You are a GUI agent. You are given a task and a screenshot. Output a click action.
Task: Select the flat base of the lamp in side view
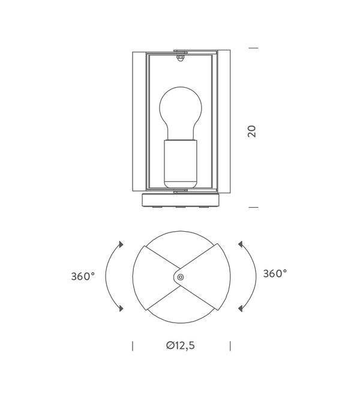tap(181, 200)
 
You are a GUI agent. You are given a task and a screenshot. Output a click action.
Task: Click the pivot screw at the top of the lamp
tap(181, 58)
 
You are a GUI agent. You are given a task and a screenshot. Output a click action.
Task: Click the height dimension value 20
tap(253, 131)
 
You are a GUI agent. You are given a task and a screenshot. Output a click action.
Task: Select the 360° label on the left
tap(83, 276)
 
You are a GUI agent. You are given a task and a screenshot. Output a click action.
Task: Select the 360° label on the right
tap(275, 274)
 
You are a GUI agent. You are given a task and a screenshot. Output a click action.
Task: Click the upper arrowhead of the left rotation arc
tap(121, 244)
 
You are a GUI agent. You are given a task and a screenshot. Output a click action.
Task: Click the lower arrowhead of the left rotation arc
tap(121, 308)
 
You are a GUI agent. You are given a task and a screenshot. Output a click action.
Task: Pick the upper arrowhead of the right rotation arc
tap(240, 244)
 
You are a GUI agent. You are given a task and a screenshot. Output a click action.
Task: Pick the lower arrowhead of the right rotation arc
tap(240, 308)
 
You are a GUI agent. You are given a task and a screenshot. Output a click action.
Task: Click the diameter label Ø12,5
tap(181, 345)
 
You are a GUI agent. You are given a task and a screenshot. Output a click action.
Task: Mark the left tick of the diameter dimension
tap(132, 345)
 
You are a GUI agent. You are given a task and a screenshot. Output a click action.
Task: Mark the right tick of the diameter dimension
tap(230, 345)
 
